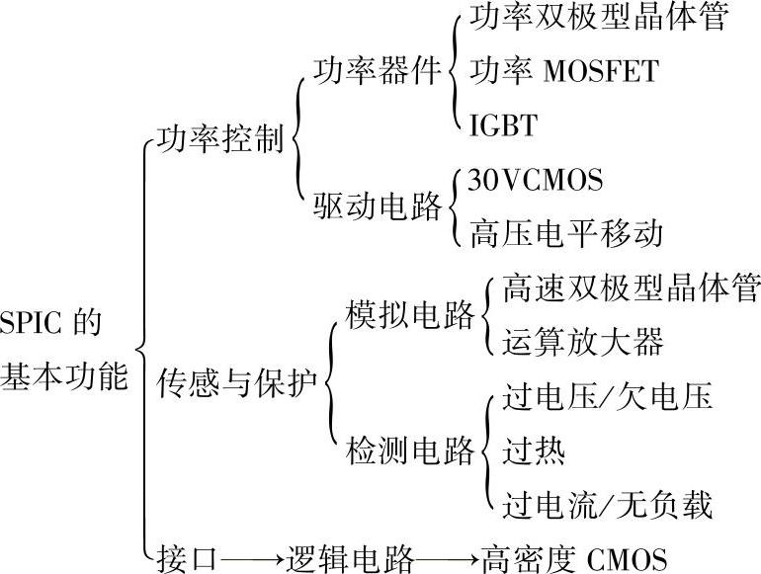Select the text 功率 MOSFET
[563, 73]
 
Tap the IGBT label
[504, 126]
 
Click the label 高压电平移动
[565, 235]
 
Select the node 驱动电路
[378, 207]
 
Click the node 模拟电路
[410, 315]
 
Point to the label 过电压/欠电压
[607, 398]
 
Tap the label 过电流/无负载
[607, 505]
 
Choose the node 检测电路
[410, 451]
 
